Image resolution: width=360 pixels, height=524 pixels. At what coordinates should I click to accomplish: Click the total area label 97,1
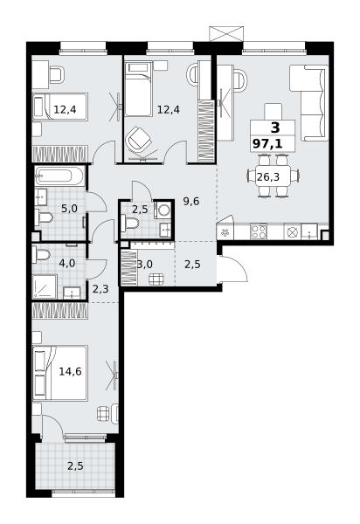267,144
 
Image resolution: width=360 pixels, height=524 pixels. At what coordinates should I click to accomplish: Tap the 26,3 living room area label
268,176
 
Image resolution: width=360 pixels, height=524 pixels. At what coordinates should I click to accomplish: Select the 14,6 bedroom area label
70,371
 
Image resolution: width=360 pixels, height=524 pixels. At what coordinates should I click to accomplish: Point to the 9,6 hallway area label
191,201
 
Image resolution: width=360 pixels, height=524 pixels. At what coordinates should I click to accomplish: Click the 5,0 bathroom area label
69,209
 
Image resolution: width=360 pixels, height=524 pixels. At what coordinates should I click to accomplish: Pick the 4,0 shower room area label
67,264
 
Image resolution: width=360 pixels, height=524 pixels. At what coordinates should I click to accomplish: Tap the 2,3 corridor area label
100,288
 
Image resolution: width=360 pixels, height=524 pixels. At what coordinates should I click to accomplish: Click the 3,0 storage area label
145,265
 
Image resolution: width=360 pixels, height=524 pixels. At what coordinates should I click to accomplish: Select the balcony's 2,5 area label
75,465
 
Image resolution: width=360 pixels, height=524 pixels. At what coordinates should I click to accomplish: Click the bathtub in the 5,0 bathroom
59,176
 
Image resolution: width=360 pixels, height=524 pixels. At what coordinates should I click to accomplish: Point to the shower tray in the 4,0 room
45,286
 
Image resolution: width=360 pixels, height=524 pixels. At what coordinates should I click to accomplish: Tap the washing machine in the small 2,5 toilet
163,210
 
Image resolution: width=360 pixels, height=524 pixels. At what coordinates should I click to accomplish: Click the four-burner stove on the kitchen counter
259,231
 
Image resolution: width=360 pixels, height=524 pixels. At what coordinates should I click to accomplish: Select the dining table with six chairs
273,176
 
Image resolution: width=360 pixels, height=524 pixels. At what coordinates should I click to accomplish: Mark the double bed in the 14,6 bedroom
60,373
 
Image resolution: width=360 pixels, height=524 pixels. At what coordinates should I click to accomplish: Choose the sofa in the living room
309,103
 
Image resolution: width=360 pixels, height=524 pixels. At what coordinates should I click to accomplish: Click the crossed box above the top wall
226,33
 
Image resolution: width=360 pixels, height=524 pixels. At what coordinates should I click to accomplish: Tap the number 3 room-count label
275,128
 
